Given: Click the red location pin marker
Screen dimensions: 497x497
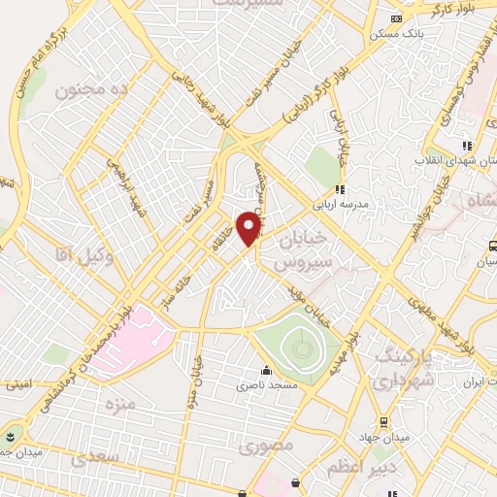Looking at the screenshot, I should (x=249, y=227).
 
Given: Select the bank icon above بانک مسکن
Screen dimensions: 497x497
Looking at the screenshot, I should (x=395, y=18).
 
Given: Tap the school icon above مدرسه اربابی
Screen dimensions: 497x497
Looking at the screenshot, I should (x=339, y=190).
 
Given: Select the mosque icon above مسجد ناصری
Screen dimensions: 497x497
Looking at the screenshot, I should (x=266, y=370).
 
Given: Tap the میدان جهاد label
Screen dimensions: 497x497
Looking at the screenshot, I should (x=397, y=437).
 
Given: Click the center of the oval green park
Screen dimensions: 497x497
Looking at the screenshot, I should (x=296, y=345).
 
